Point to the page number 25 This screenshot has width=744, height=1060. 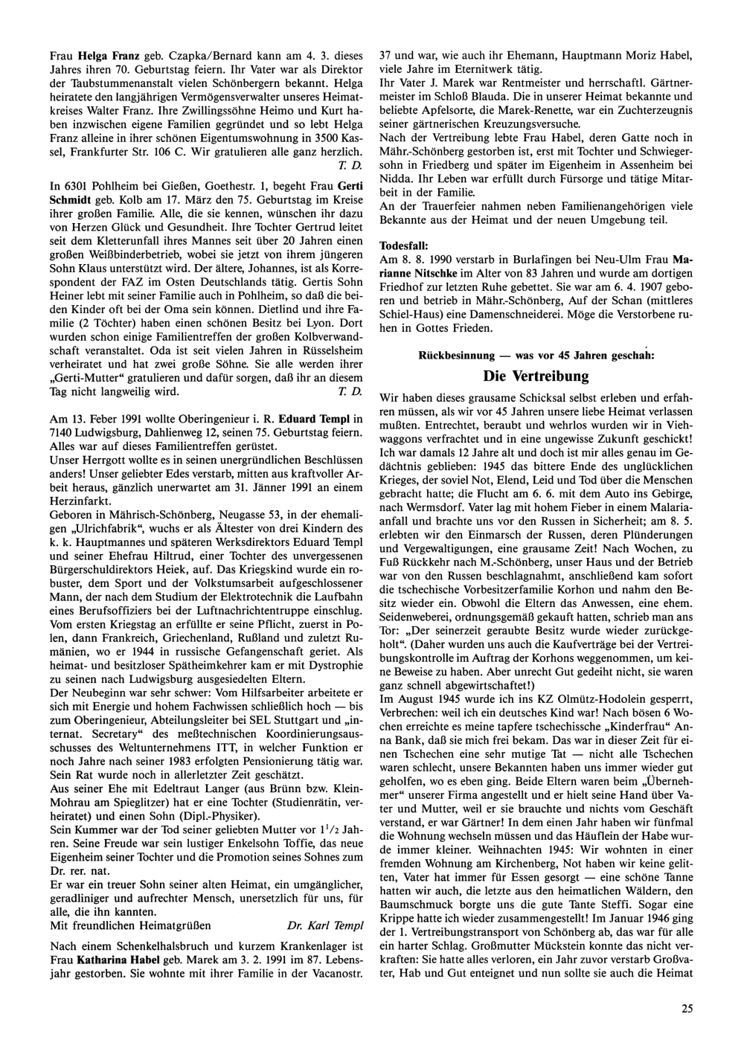686,1009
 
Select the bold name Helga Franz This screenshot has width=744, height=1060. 108,55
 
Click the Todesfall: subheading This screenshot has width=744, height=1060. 404,245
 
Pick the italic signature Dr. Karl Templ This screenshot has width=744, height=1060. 325,926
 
